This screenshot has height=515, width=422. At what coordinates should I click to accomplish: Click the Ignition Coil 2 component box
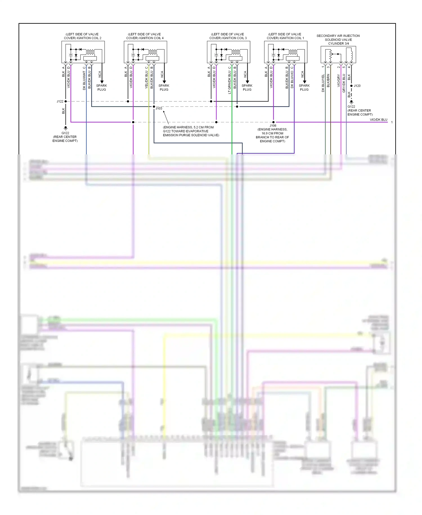[x=83, y=52]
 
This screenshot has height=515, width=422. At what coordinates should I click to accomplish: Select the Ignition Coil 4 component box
[x=145, y=52]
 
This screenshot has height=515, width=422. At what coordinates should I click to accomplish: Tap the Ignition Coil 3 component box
[x=228, y=52]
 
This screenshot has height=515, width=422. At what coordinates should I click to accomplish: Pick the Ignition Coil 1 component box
[x=286, y=52]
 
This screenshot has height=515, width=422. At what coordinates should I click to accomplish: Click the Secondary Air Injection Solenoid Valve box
[x=338, y=55]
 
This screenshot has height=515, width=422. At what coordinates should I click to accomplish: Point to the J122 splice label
[x=60, y=101]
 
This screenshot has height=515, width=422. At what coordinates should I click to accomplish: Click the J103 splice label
[x=159, y=108]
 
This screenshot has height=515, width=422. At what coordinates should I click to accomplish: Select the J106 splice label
[x=273, y=126]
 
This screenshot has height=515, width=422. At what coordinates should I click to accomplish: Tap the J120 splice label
[x=357, y=86]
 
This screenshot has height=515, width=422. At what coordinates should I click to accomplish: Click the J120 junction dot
[x=351, y=86]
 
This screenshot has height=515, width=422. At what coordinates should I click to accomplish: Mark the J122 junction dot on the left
[x=66, y=101]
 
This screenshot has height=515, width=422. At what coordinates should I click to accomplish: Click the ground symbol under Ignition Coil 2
[x=66, y=128]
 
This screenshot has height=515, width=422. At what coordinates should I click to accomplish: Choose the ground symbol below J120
[x=351, y=102]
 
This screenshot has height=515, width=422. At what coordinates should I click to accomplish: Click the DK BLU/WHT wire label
[x=84, y=81]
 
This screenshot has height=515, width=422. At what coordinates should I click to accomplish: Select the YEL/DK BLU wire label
[x=147, y=80]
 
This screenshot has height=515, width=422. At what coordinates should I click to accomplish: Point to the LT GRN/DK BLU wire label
[x=230, y=82]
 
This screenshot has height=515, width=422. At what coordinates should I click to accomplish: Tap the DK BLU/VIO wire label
[x=292, y=79]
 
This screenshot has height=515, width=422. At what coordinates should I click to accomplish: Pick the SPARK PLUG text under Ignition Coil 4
[x=164, y=87]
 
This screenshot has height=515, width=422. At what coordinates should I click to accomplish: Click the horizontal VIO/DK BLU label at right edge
[x=378, y=120]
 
